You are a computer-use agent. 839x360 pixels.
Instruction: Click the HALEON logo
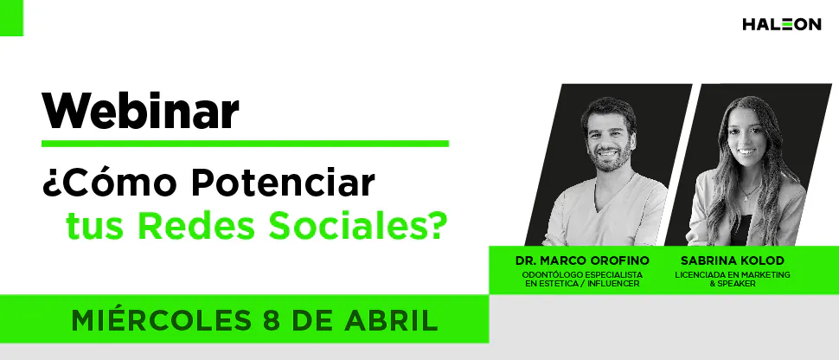coord(781,25)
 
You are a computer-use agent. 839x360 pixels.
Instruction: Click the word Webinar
coord(141,111)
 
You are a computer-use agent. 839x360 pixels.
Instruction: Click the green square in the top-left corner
coord(11,17)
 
